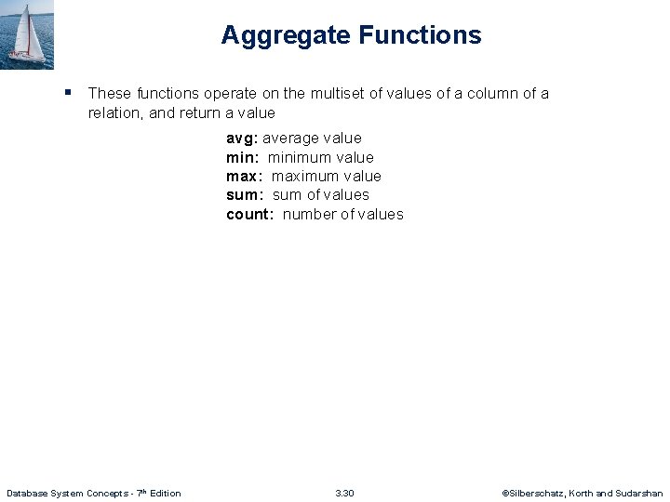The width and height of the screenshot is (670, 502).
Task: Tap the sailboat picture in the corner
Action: tap(27, 34)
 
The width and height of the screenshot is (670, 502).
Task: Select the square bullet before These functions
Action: tap(69, 92)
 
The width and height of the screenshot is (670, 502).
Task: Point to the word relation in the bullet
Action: tap(115, 112)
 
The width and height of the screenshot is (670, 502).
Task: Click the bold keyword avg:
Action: tap(242, 139)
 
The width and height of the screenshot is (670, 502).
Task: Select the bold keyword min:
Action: tap(242, 158)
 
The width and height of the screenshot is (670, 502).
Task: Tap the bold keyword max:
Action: tap(244, 177)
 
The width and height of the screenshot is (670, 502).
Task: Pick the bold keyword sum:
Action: tap(245, 195)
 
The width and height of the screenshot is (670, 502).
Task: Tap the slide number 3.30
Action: tap(344, 493)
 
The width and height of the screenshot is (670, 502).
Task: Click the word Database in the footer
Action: tap(29, 493)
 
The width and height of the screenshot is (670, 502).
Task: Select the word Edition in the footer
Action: tap(165, 493)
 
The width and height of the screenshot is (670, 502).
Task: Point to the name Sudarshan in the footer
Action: tap(639, 493)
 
